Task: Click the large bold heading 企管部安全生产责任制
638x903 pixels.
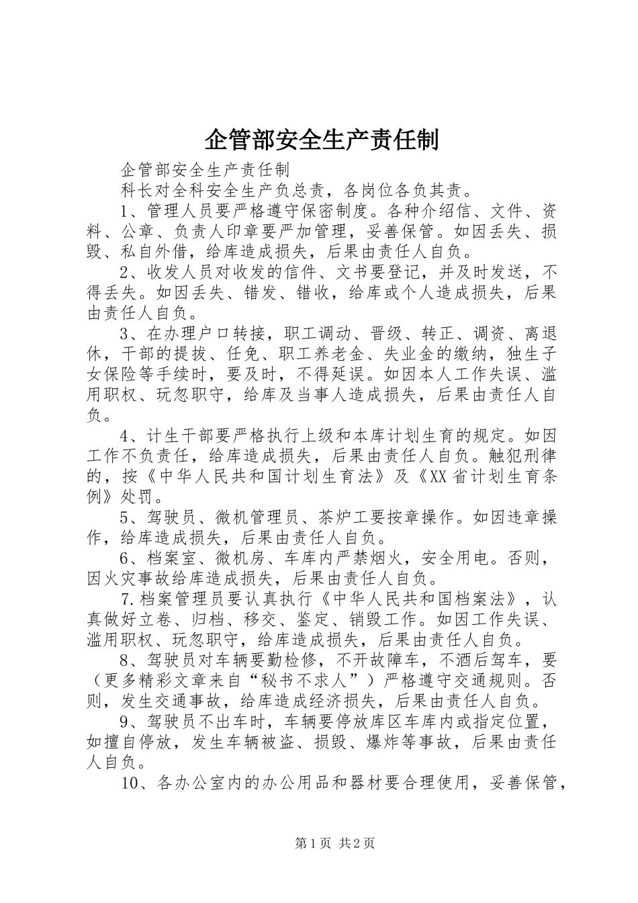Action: [x=320, y=140]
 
